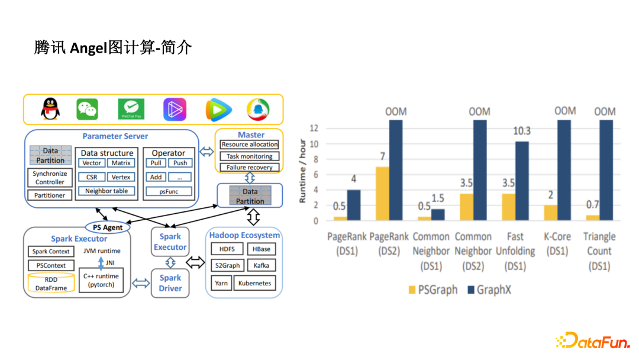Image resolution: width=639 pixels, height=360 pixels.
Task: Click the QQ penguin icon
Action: click(50, 109)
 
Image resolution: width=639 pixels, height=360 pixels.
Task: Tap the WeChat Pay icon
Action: click(131, 109)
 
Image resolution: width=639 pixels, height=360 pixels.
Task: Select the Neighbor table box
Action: click(106, 191)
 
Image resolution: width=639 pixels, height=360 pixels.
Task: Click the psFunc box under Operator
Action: click(169, 191)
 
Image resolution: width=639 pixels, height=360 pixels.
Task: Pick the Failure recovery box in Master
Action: click(249, 168)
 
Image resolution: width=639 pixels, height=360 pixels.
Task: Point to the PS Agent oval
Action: click(108, 227)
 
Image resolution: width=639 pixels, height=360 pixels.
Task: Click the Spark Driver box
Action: click(170, 283)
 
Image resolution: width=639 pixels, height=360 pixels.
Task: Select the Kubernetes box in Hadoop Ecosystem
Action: click(254, 283)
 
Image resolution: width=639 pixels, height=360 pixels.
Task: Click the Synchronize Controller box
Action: click(50, 178)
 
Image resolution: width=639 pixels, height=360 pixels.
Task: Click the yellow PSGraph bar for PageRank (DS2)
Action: click(383, 194)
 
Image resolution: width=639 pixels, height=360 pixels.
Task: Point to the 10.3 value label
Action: click(521, 131)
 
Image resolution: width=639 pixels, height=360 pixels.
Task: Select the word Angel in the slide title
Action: click(88, 48)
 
